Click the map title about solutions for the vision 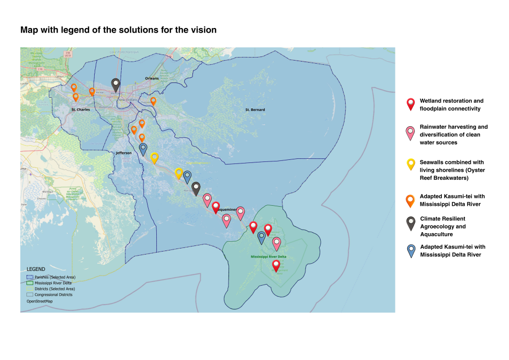point(118,30)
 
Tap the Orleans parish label point(152,78)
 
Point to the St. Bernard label point(255,109)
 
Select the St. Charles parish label point(80,109)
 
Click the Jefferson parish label point(123,153)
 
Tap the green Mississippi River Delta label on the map point(269,257)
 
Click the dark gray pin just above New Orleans point(116,85)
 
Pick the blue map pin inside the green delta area point(262,237)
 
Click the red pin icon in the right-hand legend point(410,104)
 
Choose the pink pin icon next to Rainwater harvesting point(410,133)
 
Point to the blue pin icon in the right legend point(410,250)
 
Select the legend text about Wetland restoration point(451,104)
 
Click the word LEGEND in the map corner point(36,269)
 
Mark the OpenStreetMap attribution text point(40,301)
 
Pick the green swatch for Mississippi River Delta point(30,283)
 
